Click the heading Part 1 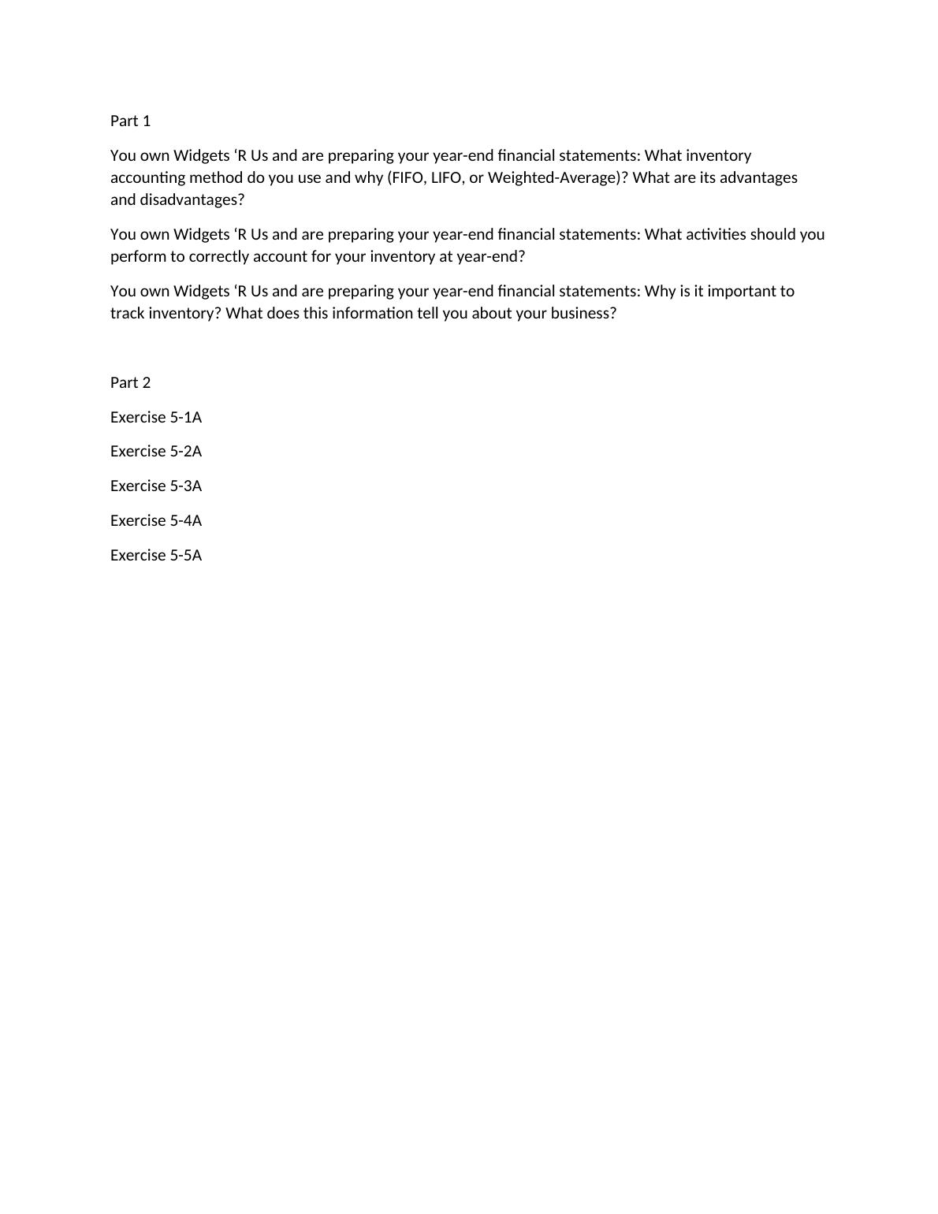click(x=130, y=121)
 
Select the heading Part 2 click(x=130, y=382)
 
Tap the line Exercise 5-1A click(x=156, y=417)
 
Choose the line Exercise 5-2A click(x=156, y=451)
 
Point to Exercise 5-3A click(x=156, y=486)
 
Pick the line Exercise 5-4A click(x=156, y=520)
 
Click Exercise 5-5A click(x=156, y=555)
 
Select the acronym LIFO click(x=446, y=177)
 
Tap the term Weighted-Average click(x=552, y=177)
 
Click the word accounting click(x=147, y=177)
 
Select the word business click(x=579, y=313)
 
